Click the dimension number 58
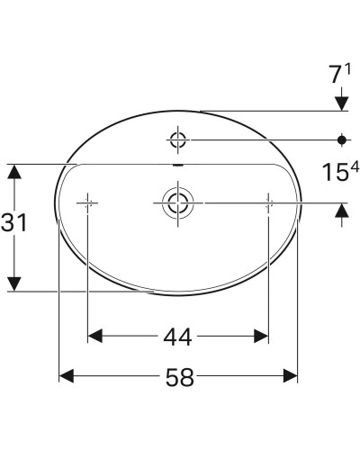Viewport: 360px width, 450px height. (178, 378)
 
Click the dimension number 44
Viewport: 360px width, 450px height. (178, 337)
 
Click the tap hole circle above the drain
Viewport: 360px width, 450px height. (176, 139)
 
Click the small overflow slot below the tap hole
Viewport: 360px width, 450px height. (176, 166)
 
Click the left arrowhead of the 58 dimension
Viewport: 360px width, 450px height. (66, 377)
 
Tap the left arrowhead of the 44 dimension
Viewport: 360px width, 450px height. (94, 337)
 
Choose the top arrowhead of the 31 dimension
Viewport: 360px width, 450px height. (13, 171)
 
